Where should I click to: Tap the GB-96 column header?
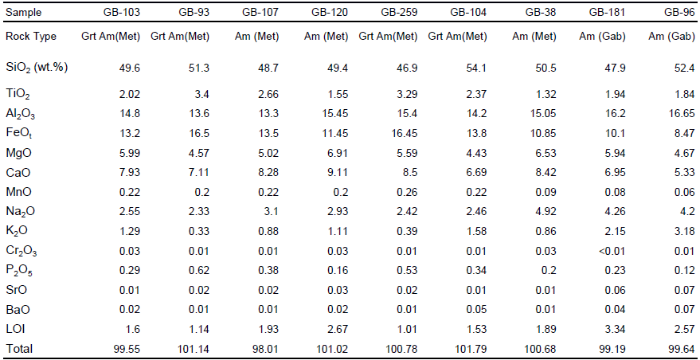coord(678,14)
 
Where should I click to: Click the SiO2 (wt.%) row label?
coord(36,67)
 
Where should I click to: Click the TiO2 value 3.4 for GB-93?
coord(201,94)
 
